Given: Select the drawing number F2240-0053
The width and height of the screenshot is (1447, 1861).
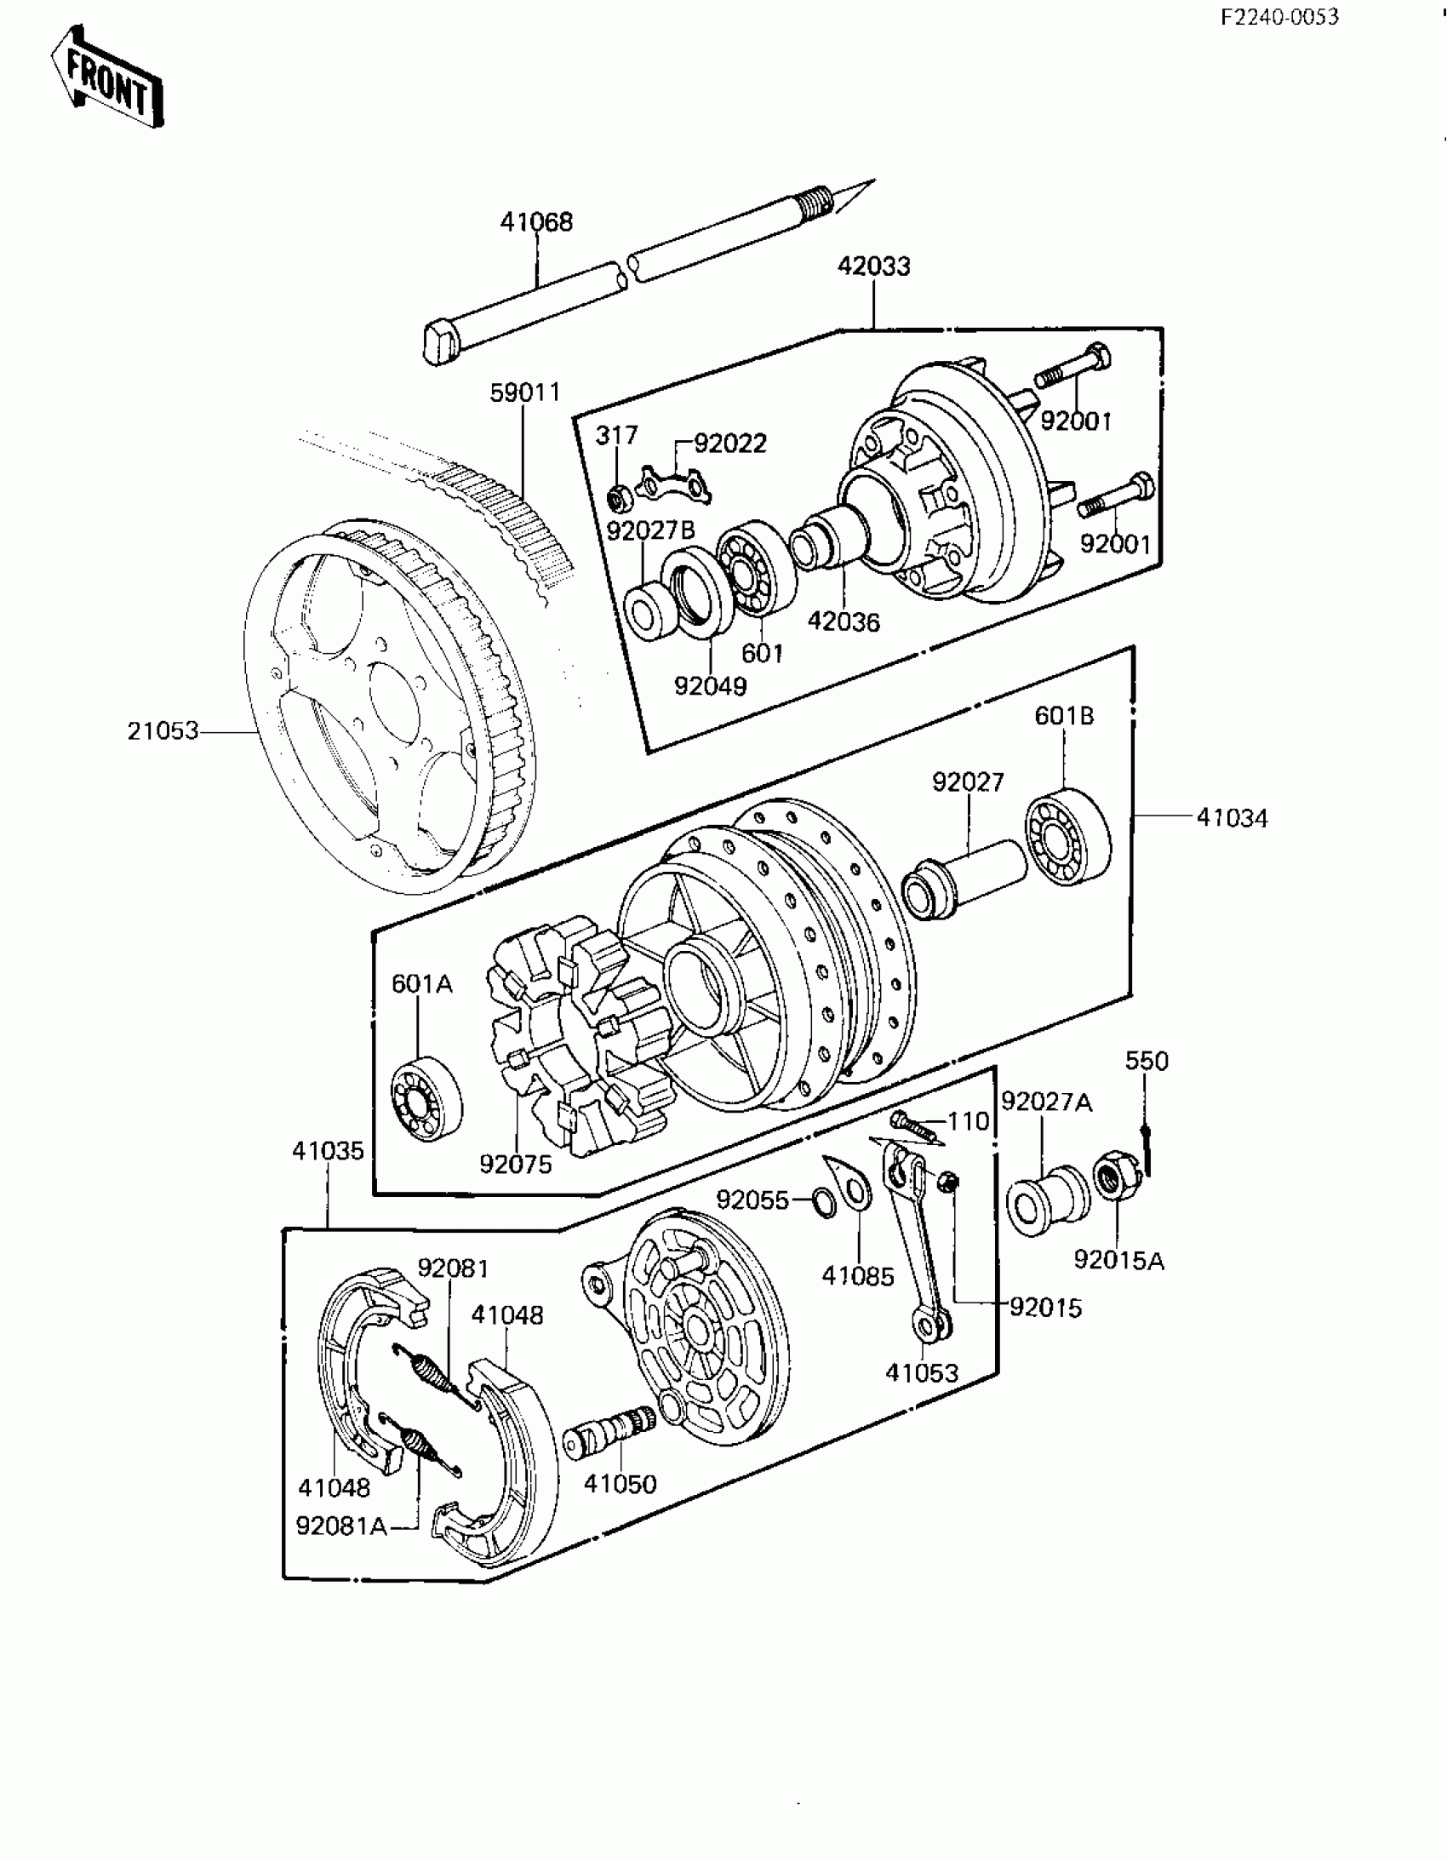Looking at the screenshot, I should pos(1279,17).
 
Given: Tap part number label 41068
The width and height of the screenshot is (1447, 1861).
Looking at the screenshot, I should pos(536,222).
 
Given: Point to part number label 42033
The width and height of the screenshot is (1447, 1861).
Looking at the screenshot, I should pos(873,266).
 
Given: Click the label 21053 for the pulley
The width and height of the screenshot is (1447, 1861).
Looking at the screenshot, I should pos(163,731).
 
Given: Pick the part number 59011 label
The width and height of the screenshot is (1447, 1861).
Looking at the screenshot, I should pos(525,392).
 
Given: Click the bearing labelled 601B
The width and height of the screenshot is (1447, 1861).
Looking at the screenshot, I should pos(1067,835).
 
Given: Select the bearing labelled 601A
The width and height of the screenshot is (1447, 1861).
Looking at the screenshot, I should pos(427,1098).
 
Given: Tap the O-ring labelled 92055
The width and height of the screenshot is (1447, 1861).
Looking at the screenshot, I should pos(823,1201).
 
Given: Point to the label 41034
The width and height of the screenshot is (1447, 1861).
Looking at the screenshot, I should pos(1232,818).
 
